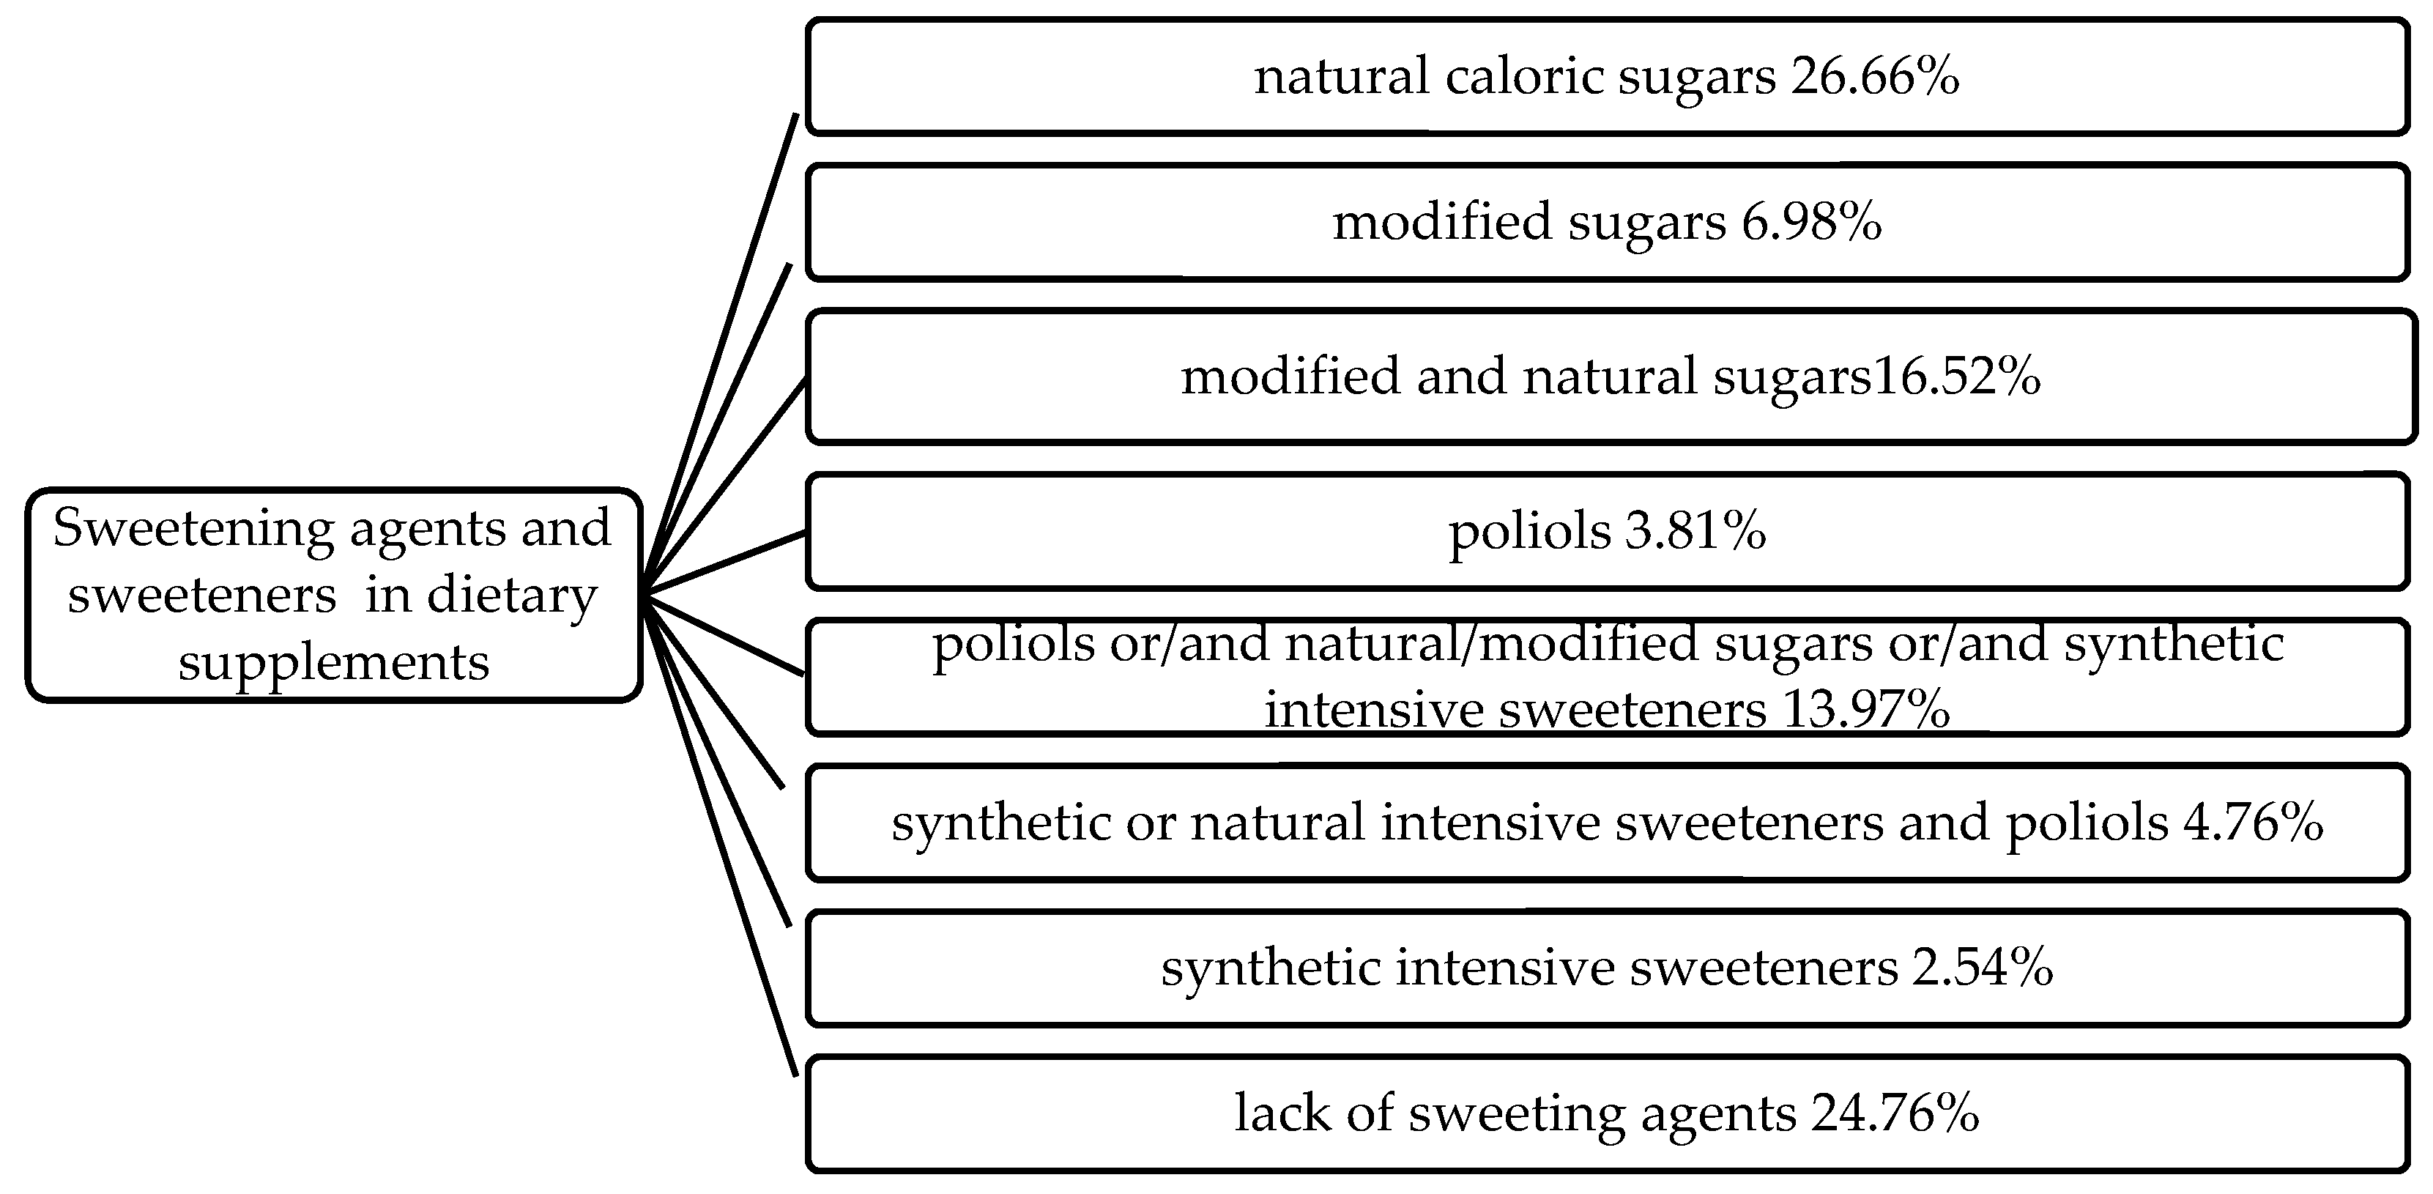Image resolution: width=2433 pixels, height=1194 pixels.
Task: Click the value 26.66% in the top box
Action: (x=1875, y=75)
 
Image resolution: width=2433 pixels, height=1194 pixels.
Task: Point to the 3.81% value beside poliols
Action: (x=1695, y=531)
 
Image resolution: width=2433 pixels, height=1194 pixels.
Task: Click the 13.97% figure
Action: (x=1865, y=708)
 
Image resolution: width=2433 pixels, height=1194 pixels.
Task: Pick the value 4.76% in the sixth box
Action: (x=2253, y=822)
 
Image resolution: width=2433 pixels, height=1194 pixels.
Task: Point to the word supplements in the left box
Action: (x=333, y=661)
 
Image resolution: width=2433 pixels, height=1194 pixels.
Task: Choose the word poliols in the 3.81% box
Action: (x=1529, y=532)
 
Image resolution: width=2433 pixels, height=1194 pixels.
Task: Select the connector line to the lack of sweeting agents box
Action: (x=723, y=841)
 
